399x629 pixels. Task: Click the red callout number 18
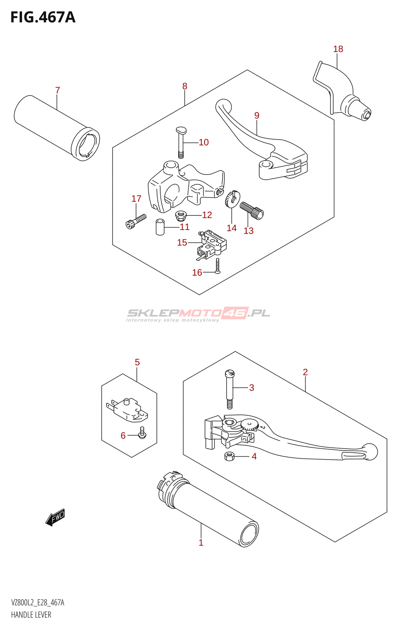point(338,49)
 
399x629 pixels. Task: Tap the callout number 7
point(57,90)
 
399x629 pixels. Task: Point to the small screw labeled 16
point(218,266)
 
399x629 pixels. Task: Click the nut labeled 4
point(229,456)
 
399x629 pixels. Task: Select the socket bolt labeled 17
point(136,221)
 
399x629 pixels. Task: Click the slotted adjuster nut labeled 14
point(232,199)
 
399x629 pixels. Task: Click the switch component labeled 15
point(212,244)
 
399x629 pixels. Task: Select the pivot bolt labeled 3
point(229,389)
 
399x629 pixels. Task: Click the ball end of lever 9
point(223,106)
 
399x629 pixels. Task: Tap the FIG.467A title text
point(43,17)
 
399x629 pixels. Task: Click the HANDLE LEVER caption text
point(31,615)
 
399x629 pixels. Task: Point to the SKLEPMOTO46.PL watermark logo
point(198,314)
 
